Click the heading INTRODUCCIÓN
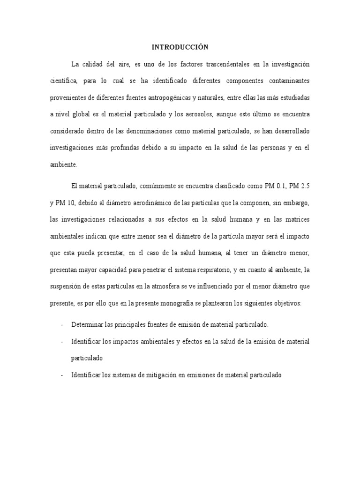(180, 47)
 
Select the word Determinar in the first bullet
(87, 324)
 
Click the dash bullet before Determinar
(62, 324)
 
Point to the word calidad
(97, 64)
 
